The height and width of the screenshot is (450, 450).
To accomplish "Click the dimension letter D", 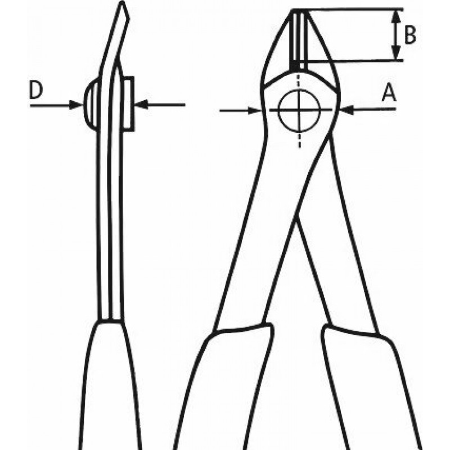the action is tap(36, 90).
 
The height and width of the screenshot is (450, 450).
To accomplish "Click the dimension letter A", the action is tap(389, 92).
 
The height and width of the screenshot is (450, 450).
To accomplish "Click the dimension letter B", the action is tap(410, 35).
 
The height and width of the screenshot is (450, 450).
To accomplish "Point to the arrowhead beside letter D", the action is tap(76, 105).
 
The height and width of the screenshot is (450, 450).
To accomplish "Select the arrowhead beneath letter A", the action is tap(346, 109).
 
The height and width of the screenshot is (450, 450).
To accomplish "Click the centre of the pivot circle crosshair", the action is tap(299, 110).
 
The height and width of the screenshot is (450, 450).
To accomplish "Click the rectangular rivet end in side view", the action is tap(128, 104).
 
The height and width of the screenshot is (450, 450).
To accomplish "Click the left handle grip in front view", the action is tap(224, 388).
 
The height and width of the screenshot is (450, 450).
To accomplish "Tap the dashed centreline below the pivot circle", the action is tap(299, 140).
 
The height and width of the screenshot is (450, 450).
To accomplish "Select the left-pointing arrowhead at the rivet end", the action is tap(141, 105).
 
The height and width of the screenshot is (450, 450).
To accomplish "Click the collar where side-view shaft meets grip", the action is tap(110, 321).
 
